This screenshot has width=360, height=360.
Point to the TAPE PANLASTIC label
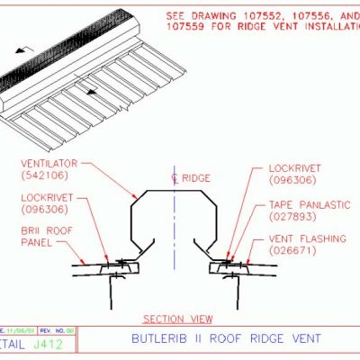click(306, 205)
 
